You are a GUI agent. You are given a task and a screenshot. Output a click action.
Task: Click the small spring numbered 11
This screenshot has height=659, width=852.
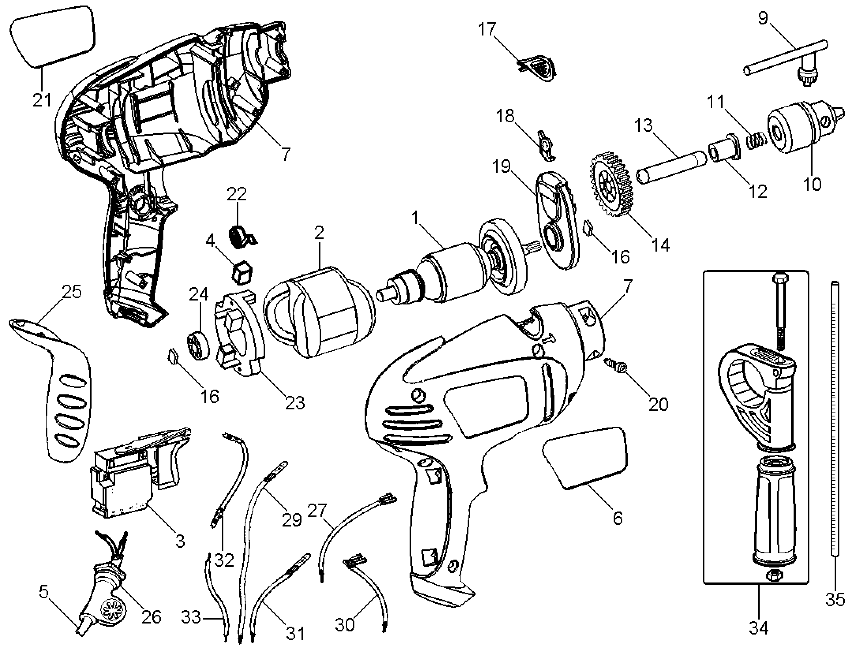756,141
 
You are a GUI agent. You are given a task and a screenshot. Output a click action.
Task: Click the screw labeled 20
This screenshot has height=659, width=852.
616,364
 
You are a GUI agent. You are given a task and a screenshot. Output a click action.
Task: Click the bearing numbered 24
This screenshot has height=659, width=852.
197,345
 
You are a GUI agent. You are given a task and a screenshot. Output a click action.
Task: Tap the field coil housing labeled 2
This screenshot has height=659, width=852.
320,312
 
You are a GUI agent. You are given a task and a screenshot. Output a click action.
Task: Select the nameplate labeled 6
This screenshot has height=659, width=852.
585,457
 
